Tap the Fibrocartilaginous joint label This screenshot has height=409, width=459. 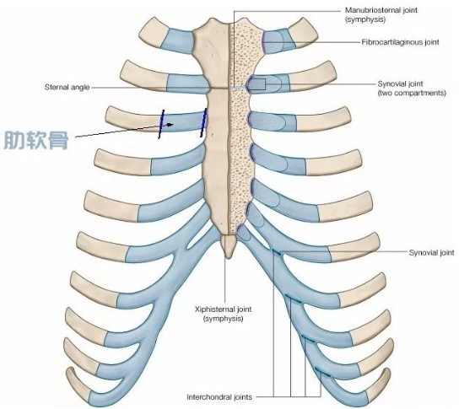tap(400, 42)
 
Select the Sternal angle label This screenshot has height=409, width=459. tap(67, 87)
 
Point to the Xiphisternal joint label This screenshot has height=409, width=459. tap(223, 314)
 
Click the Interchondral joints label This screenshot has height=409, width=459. tap(219, 397)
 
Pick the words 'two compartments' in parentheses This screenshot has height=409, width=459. tap(412, 93)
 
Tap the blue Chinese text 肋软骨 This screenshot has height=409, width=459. tap(36, 141)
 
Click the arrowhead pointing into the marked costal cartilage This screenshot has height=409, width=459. tap(170, 125)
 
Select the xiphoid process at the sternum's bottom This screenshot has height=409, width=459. tap(228, 246)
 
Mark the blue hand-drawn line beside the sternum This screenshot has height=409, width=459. tap(203, 122)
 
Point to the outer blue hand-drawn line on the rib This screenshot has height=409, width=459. tap(161, 124)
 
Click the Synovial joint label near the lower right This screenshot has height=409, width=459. tap(431, 252)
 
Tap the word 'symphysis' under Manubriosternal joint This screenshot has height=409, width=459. tap(365, 19)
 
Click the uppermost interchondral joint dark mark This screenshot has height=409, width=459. tap(277, 253)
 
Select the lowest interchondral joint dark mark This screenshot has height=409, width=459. tap(322, 372)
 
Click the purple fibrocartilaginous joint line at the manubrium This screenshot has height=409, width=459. tap(262, 42)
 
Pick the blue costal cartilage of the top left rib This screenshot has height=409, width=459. tap(177, 40)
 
